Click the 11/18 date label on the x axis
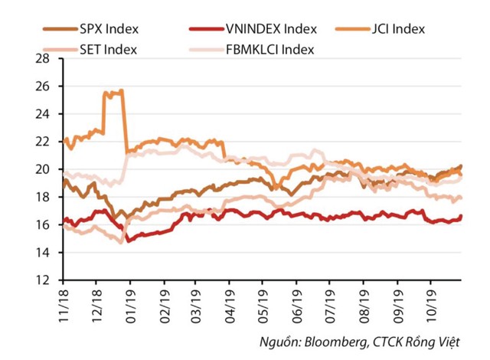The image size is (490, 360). [x=62, y=301]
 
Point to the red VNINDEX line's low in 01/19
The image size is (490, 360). [x=129, y=241]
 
